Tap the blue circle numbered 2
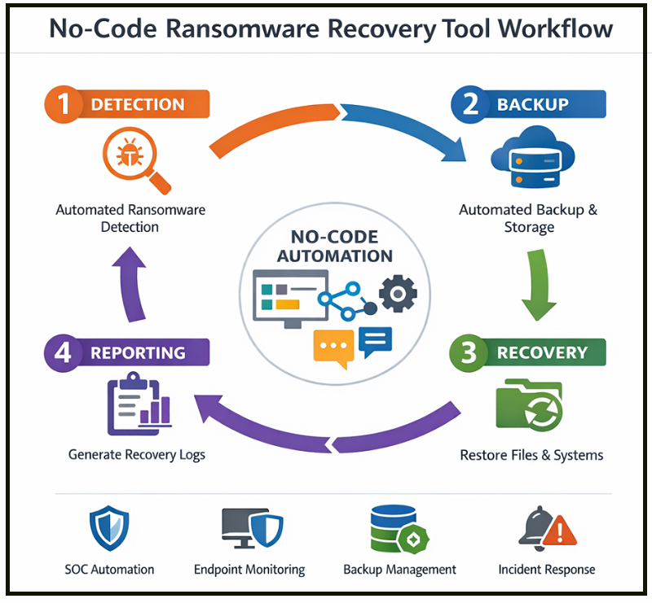(471, 103)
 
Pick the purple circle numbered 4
(64, 352)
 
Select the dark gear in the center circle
(399, 293)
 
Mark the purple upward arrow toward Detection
(130, 284)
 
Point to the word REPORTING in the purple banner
(138, 352)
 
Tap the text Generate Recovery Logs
(137, 454)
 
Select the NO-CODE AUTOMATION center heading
(334, 247)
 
